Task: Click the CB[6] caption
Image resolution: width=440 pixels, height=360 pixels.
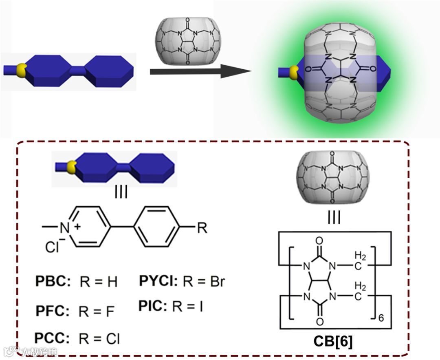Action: click(x=333, y=341)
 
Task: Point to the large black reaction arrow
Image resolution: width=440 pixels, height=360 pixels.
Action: click(x=200, y=72)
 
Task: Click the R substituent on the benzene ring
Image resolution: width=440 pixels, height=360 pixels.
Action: click(x=202, y=228)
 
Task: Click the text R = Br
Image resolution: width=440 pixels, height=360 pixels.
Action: click(x=204, y=281)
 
